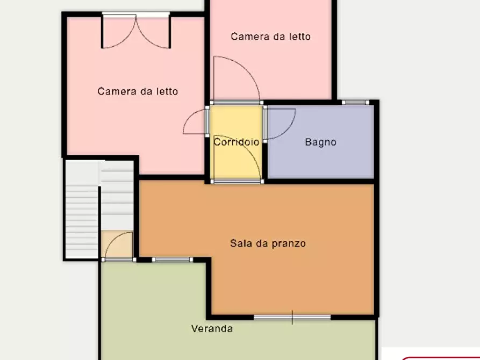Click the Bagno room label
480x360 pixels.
pyautogui.click(x=320, y=142)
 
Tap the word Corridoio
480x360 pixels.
pyautogui.click(x=237, y=142)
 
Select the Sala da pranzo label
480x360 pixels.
pyautogui.click(x=268, y=243)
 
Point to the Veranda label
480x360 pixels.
pyautogui.click(x=212, y=328)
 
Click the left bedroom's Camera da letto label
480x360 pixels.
pyautogui.click(x=138, y=91)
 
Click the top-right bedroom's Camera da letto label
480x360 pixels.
pyautogui.click(x=270, y=37)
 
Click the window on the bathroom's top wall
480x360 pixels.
pyautogui.click(x=355, y=102)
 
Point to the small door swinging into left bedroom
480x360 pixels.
pyautogui.click(x=195, y=124)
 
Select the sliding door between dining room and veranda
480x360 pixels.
pyautogui.click(x=292, y=318)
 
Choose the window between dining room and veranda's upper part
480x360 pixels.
pyautogui.click(x=172, y=260)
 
